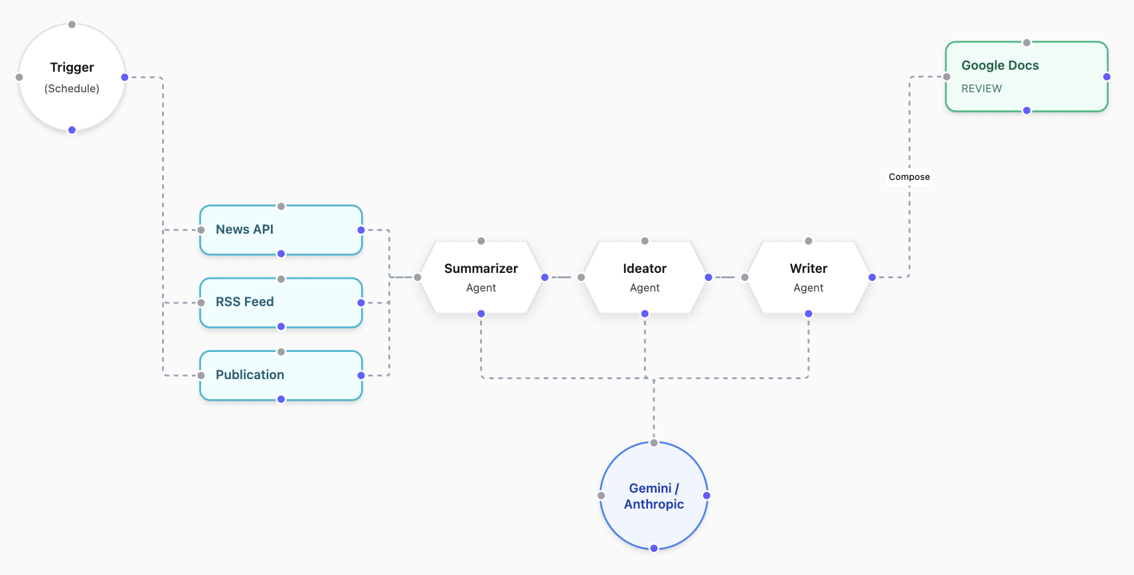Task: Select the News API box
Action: click(281, 230)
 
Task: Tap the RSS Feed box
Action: click(281, 303)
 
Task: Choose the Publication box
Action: click(281, 375)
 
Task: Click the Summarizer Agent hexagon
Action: click(481, 278)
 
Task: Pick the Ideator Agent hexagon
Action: click(644, 278)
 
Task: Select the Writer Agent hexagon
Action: click(808, 278)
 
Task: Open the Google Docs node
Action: click(1026, 76)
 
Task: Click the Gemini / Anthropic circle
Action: click(654, 496)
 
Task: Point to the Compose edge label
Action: click(909, 177)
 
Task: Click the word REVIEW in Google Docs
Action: click(981, 89)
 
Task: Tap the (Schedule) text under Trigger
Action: click(72, 89)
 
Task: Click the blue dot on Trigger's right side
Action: click(125, 77)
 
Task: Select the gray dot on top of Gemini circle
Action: click(654, 443)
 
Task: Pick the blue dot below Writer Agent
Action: click(808, 314)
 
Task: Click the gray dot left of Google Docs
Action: click(947, 77)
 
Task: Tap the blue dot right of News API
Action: click(361, 230)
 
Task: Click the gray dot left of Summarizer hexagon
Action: click(418, 278)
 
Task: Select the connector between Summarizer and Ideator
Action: click(563, 278)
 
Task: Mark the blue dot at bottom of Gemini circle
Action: click(654, 548)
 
